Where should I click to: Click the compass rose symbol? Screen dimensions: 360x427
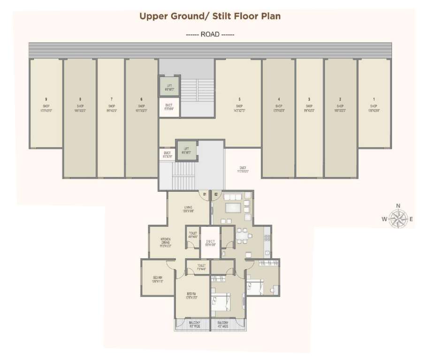(398, 218)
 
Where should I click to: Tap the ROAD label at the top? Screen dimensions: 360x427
(210, 34)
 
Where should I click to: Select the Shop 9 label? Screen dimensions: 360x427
(46, 106)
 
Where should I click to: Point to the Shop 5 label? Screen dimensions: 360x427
(239, 106)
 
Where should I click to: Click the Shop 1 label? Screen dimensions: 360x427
(374, 106)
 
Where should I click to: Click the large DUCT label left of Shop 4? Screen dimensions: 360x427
(243, 169)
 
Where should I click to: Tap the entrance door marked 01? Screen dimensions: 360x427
(205, 194)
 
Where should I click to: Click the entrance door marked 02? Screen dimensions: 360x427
(216, 194)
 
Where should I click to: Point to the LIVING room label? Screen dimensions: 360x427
(188, 209)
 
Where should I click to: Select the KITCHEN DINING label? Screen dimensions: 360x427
(166, 242)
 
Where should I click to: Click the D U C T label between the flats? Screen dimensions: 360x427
(210, 242)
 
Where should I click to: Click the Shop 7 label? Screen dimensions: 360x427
(111, 106)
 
